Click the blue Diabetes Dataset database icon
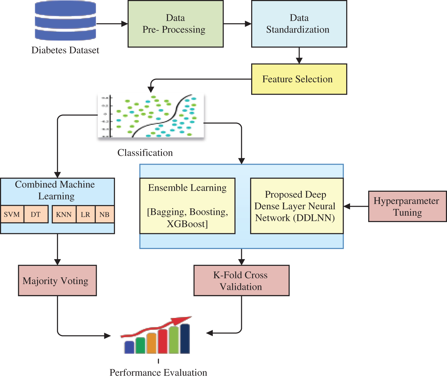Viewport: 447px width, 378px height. pyautogui.click(x=65, y=21)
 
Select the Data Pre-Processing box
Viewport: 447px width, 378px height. pyautogui.click(x=175, y=24)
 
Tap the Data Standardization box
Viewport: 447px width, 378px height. pyautogui.click(x=299, y=24)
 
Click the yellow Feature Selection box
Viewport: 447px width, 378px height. pyautogui.click(x=299, y=79)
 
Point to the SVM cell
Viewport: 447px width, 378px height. pyautogui.click(x=12, y=214)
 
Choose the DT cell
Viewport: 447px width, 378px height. pyautogui.click(x=36, y=214)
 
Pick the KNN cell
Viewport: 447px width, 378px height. pyautogui.click(x=64, y=214)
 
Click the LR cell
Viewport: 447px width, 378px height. pyautogui.click(x=85, y=214)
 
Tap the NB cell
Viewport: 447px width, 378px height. pyautogui.click(x=105, y=214)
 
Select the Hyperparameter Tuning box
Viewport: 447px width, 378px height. pyautogui.click(x=407, y=206)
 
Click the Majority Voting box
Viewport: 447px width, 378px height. pyautogui.click(x=57, y=281)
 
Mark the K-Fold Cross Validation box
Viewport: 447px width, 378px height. pyautogui.click(x=241, y=281)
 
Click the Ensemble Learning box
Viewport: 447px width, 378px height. pyautogui.click(x=188, y=206)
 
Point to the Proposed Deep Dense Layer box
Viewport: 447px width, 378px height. pyautogui.click(x=296, y=206)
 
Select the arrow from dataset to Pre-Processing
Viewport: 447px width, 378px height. pyautogui.click(x=112, y=24)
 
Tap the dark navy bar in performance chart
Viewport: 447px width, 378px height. pyautogui.click(x=185, y=339)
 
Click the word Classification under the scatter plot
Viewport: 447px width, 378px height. pyautogui.click(x=145, y=153)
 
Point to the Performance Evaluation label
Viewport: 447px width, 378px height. pyautogui.click(x=158, y=373)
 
